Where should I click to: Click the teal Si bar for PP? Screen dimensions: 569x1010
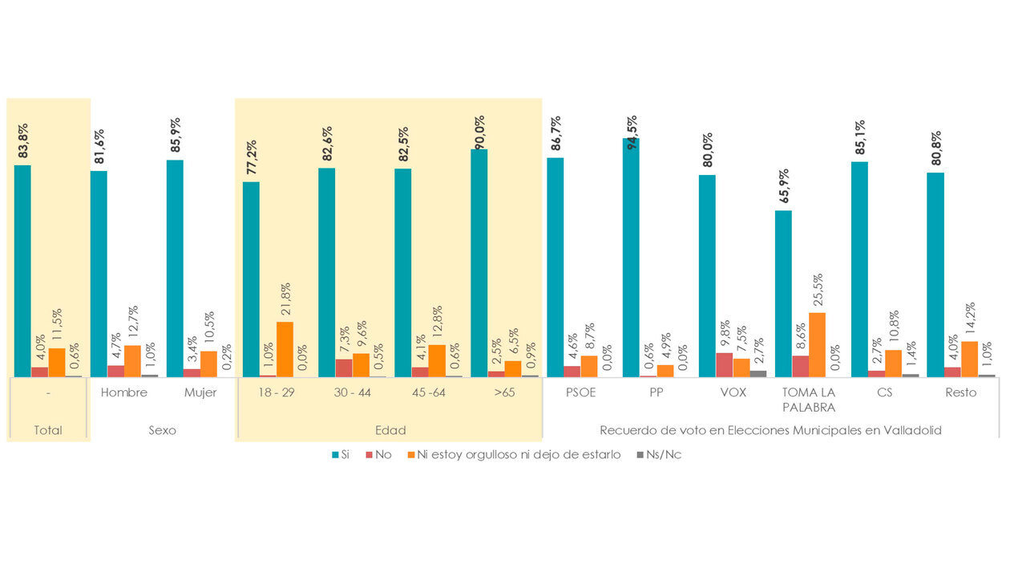[x=631, y=257]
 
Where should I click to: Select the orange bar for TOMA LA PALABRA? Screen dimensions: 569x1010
[x=817, y=344]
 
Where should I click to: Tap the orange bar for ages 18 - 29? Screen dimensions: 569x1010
[x=285, y=349]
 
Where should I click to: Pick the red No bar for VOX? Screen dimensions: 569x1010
[x=724, y=364]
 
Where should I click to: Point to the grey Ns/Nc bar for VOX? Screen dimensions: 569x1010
[x=758, y=373]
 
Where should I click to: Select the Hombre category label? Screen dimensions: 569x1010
[x=124, y=392]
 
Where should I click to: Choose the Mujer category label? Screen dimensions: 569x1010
[x=200, y=392]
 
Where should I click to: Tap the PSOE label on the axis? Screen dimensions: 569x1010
[x=580, y=392]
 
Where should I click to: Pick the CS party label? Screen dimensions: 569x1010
[x=884, y=392]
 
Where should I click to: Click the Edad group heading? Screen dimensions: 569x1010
[x=389, y=430]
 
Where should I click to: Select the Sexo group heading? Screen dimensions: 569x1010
[x=163, y=430]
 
